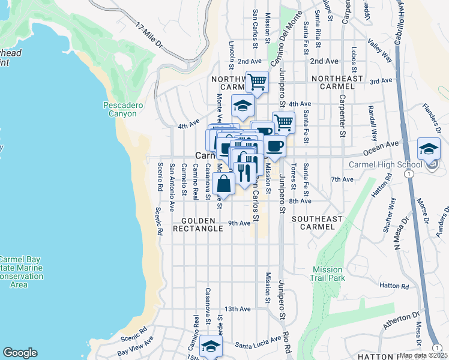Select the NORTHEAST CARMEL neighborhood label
tap(337, 83)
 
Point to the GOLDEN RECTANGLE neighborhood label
tap(198, 224)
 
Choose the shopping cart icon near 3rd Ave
tap(258, 82)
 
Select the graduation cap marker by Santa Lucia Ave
tap(211, 346)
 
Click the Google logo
tap(20, 353)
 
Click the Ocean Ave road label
tap(385, 145)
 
